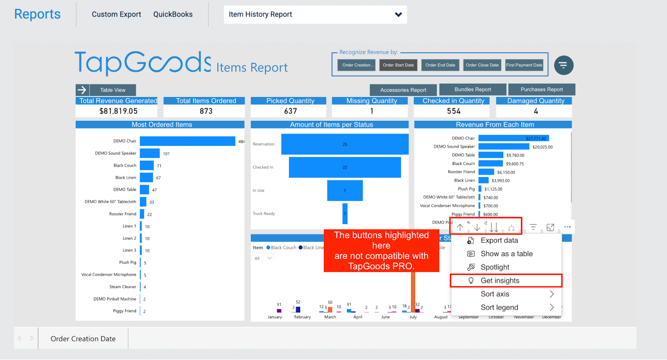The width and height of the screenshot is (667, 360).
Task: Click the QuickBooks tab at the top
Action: coord(173,14)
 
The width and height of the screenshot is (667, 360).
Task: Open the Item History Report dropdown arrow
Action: coord(398,15)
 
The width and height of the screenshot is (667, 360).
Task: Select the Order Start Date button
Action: coord(398,65)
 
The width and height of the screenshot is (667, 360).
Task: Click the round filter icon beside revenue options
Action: coord(564,65)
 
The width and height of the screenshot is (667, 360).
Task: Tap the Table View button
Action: coord(113,90)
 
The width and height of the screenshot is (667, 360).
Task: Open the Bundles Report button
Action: coord(472,90)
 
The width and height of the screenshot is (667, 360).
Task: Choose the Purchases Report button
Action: coord(541,90)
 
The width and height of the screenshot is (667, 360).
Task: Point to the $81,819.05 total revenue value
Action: coord(118,111)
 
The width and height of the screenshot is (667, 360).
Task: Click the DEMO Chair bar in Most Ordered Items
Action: coord(187,141)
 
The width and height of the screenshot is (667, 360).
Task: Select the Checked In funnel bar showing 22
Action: coord(344,167)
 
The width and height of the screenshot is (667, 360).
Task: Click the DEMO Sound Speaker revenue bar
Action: coord(504,147)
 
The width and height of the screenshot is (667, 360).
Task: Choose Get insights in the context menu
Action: coord(499,281)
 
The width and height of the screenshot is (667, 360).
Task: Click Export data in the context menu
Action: coord(499,240)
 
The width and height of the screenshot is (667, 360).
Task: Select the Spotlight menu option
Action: coord(494,267)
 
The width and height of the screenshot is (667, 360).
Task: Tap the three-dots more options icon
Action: coord(567,227)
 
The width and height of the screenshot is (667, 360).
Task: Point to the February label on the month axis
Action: coord(302,317)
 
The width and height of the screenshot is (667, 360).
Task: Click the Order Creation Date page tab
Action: coord(83,339)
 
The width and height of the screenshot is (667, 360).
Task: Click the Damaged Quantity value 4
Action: coord(536,111)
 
